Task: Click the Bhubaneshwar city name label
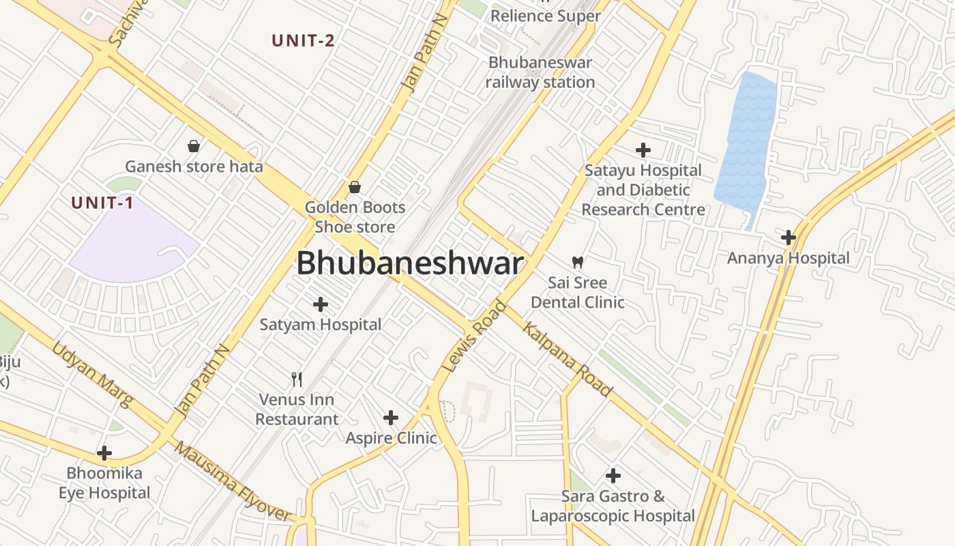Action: [410, 263]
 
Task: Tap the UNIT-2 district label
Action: [303, 40]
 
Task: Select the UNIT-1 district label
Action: [102, 203]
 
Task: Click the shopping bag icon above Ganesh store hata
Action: [194, 145]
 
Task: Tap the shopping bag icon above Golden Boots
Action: [355, 186]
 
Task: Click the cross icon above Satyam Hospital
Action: [320, 304]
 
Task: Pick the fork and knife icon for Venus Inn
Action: [297, 379]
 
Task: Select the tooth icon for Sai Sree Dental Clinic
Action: [577, 262]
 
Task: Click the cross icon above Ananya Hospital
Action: [789, 238]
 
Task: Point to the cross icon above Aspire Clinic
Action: [391, 417]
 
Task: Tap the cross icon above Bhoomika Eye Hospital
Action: [104, 452]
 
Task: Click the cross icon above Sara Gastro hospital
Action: [613, 475]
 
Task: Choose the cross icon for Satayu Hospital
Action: [643, 150]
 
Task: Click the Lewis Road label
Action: [475, 336]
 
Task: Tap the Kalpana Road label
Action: [567, 358]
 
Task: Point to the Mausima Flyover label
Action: [232, 481]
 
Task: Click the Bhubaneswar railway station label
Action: [540, 72]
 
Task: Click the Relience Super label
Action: [546, 16]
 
